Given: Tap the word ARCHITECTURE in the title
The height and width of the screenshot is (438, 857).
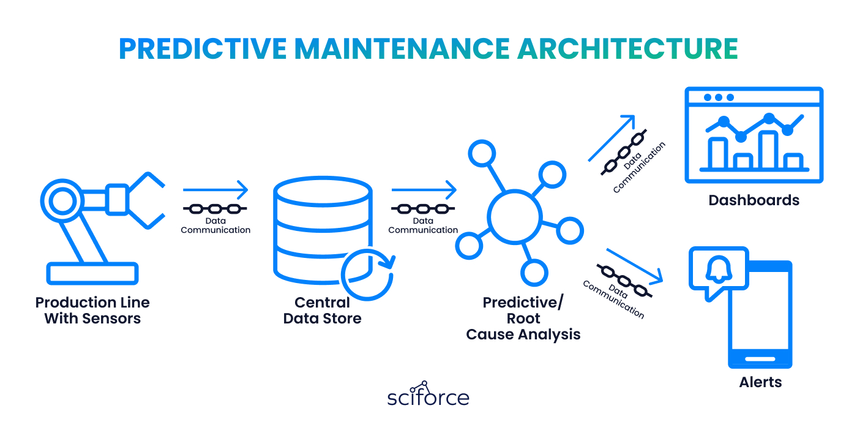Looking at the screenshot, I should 627,49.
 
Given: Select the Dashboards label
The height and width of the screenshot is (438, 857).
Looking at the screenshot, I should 754,200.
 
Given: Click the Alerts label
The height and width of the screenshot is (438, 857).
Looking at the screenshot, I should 760,382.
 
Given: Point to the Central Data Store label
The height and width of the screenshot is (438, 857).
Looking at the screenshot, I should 322,311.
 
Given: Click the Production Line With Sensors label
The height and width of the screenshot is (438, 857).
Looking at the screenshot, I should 92,311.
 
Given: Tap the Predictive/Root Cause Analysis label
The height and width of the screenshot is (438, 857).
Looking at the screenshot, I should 523,319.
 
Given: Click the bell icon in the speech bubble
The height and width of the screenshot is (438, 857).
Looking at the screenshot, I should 718,269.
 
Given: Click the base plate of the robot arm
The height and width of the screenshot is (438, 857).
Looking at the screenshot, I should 92,273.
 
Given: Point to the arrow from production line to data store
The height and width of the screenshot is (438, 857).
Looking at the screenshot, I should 215,190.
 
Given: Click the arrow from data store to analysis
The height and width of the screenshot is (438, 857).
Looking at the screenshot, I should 424,190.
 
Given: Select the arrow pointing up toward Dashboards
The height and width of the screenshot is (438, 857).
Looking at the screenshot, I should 612,138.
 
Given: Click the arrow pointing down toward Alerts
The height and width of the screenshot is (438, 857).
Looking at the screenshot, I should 634,265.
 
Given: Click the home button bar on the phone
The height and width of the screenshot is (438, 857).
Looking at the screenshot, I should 760,359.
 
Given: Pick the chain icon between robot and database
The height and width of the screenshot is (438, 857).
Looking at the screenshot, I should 215,209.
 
